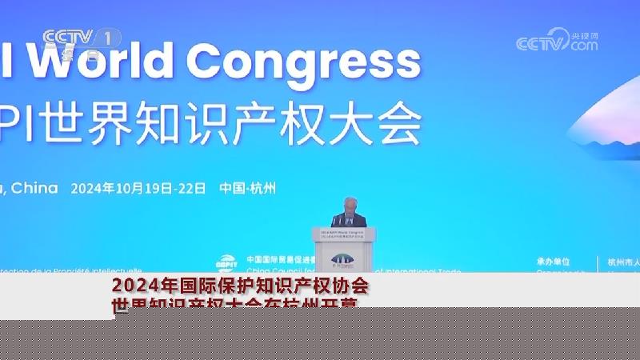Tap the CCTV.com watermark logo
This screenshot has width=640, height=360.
tap(557, 41)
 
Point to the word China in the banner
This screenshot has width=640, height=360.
tap(37, 188)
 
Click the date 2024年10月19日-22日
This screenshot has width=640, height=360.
tap(138, 189)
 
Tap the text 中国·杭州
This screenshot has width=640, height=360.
tap(248, 189)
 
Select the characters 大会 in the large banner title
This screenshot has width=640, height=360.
tap(380, 125)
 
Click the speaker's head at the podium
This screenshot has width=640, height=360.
tap(349, 205)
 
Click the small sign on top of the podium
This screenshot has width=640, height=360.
tap(344, 234)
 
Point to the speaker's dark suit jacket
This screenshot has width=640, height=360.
tap(350, 220)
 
